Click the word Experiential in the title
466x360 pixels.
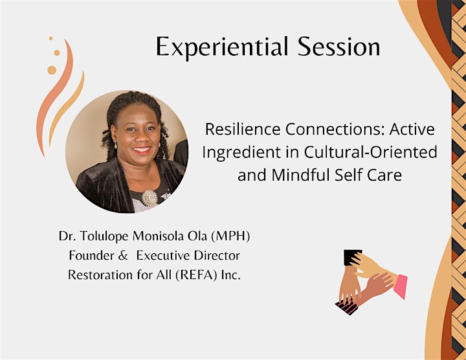(222, 47)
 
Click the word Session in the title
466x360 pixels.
(338, 47)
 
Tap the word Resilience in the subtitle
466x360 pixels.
(243, 129)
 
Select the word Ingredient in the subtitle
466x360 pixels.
(241, 153)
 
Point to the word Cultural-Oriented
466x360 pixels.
(370, 152)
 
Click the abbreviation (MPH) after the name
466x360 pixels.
(230, 236)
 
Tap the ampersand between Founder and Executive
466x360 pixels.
(123, 256)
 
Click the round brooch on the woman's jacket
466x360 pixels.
(150, 198)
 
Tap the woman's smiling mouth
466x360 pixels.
(142, 150)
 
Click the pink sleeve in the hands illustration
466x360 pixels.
(401, 287)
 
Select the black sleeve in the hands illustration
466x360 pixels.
(353, 257)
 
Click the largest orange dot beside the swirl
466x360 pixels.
(52, 70)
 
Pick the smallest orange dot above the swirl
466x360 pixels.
(51, 38)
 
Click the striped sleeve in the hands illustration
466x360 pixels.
(346, 308)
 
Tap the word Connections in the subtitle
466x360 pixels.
(335, 129)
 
